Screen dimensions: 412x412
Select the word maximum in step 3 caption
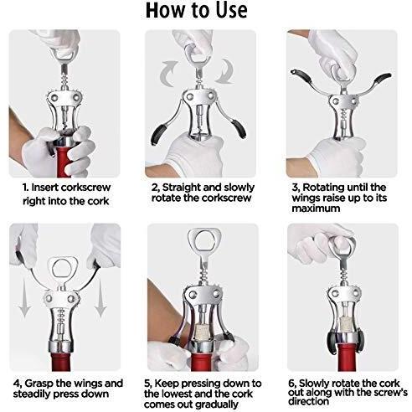coord(316,209)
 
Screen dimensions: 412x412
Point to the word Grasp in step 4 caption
coord(39,384)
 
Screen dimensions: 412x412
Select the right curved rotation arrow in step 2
coord(225,71)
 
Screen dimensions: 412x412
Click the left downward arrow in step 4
coord(24,298)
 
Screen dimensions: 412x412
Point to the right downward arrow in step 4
coord(100,298)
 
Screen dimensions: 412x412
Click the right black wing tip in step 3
coord(384,78)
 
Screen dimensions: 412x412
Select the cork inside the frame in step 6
coord(345,323)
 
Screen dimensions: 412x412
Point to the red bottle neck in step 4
coord(61,362)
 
